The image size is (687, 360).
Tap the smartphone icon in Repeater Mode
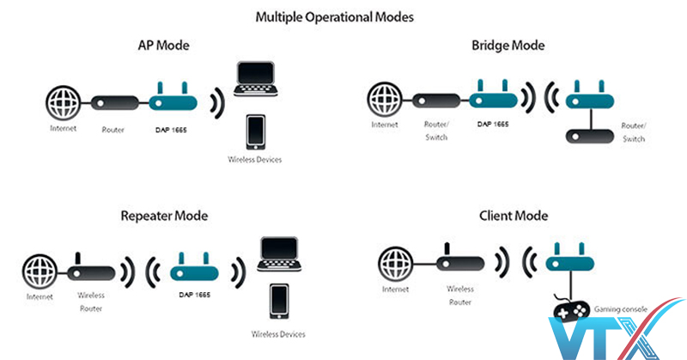[x=277, y=301]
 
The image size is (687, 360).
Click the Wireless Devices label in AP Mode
[x=254, y=160]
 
